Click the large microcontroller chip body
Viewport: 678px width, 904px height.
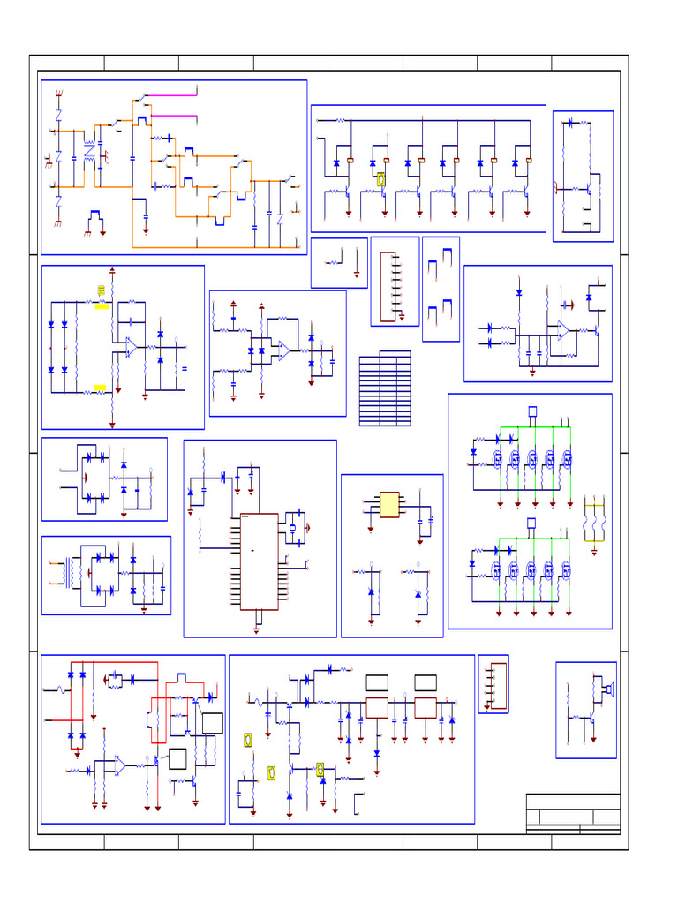pyautogui.click(x=260, y=561)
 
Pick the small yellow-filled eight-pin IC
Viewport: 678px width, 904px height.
pyautogui.click(x=389, y=504)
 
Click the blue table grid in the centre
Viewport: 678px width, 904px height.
pyautogui.click(x=385, y=389)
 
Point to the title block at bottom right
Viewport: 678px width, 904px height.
pyautogui.click(x=573, y=813)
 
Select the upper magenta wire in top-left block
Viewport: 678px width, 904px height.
pyautogui.click(x=173, y=94)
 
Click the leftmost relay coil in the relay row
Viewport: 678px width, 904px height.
pyautogui.click(x=351, y=161)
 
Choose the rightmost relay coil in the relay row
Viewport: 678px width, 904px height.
pyautogui.click(x=528, y=161)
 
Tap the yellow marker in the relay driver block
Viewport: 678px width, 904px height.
pyautogui.click(x=381, y=179)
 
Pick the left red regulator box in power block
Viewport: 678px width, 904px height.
pyautogui.click(x=377, y=707)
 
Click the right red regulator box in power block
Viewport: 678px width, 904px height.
pyautogui.click(x=426, y=707)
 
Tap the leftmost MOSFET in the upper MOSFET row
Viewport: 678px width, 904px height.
pyautogui.click(x=496, y=459)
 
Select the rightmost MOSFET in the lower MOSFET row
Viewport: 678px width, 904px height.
pyautogui.click(x=566, y=569)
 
